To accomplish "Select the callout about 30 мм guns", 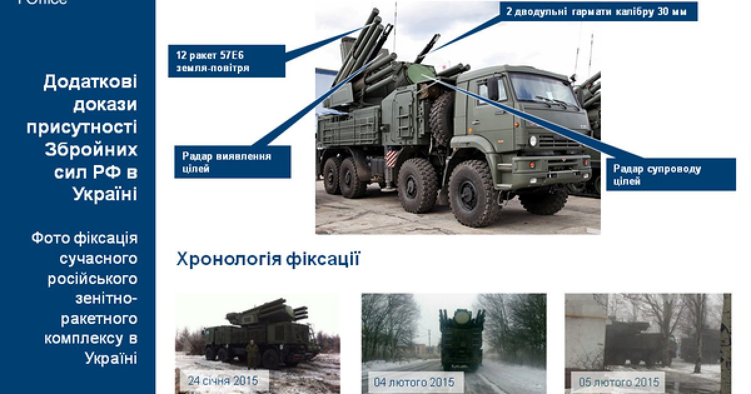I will [598, 11].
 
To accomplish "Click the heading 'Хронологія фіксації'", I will [268, 259].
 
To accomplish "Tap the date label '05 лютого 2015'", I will [616, 381].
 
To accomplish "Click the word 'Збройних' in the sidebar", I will [91, 150].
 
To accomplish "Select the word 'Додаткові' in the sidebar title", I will [90, 83].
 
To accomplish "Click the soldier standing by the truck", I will [250, 355].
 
